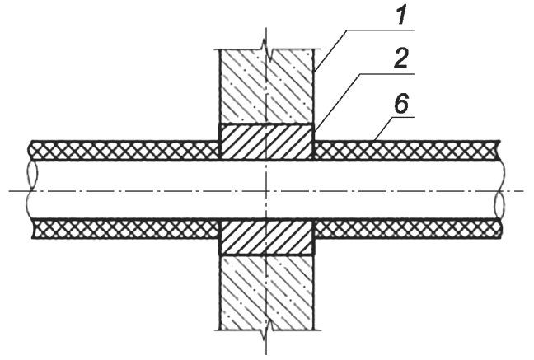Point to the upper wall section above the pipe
tap(267, 86)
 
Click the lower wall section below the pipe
tap(267, 292)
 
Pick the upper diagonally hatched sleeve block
tap(267, 142)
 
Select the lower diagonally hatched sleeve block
tap(267, 237)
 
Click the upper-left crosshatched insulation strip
tap(125, 150)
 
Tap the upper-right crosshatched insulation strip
tap(407, 150)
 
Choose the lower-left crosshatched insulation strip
tap(125, 229)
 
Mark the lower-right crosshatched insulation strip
tap(407, 229)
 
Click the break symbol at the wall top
tap(267, 50)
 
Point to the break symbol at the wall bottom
tap(267, 329)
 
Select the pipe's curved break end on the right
tap(500, 189)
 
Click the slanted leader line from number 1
tap(330, 50)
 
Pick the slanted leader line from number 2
tap(336, 102)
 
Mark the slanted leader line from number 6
tap(383, 129)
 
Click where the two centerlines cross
tap(266, 191)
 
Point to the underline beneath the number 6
tap(403, 118)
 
